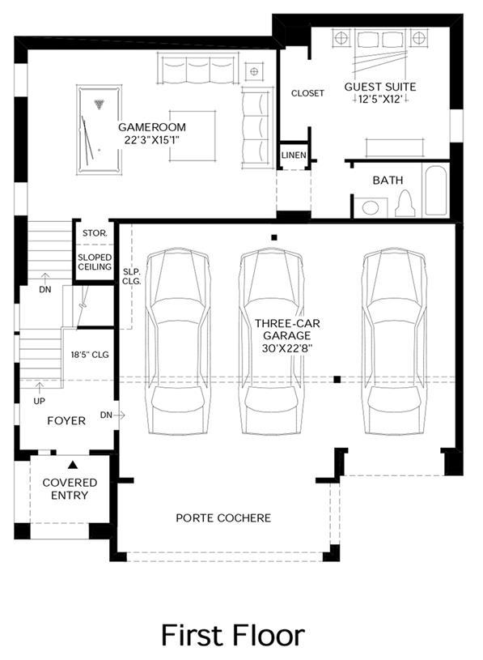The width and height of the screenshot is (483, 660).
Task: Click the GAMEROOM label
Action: point(152,127)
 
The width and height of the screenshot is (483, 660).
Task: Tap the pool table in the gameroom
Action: point(99,130)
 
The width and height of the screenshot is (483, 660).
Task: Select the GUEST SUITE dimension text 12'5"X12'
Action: point(380,100)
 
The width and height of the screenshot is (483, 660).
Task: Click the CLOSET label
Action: point(307,93)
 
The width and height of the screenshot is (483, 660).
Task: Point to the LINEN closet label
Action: point(294,155)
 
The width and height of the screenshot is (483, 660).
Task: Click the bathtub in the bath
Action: point(435,191)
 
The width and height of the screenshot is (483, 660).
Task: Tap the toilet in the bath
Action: point(405,203)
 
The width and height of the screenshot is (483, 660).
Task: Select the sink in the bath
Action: point(371,207)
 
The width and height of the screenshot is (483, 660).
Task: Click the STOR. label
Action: point(95,233)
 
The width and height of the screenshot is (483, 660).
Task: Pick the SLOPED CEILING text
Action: point(95,262)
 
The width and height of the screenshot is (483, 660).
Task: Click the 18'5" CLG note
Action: point(90,355)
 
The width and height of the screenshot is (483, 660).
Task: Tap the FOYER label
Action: point(66,420)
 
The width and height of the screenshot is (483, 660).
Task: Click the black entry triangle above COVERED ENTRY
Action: point(73,465)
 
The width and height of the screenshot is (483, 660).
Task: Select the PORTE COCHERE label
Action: point(223,518)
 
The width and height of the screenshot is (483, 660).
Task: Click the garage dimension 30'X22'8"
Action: point(287,348)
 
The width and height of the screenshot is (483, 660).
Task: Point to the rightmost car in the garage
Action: point(394,342)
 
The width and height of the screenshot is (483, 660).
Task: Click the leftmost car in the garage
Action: point(178,342)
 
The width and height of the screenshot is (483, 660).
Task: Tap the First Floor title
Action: point(233,635)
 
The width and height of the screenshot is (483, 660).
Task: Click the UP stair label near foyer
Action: point(39,401)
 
